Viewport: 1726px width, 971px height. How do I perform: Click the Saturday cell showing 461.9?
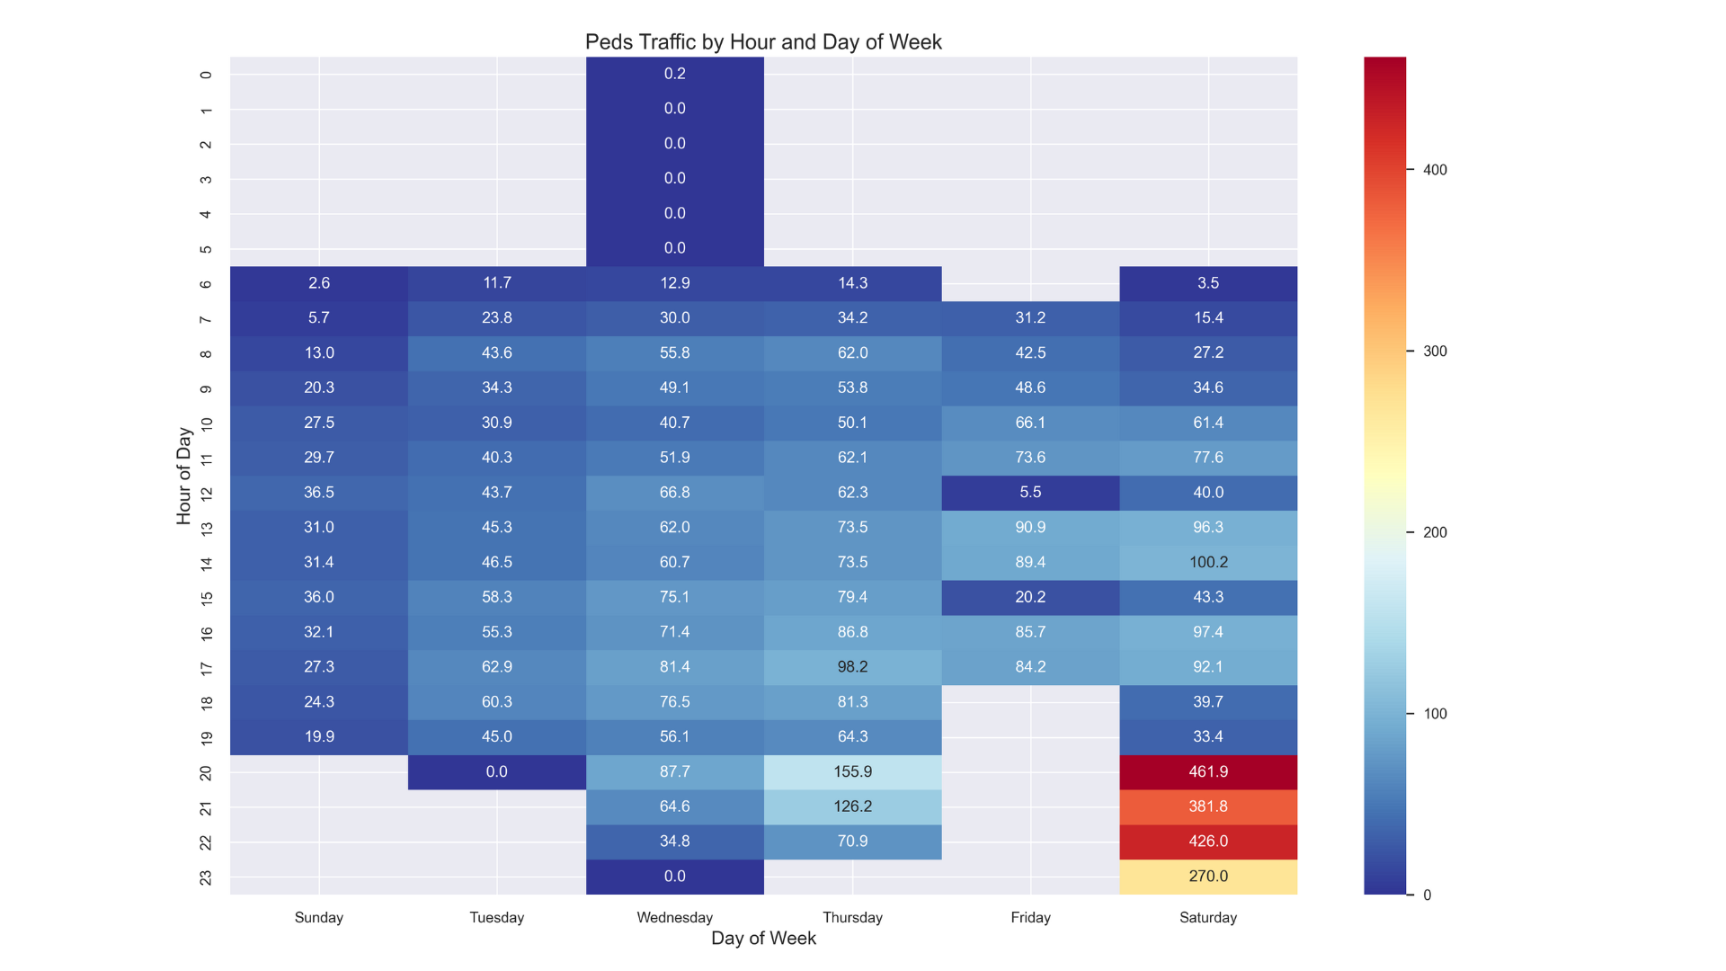point(1207,771)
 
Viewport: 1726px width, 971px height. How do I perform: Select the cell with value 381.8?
point(1207,806)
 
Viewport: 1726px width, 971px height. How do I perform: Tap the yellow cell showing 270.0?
point(1207,877)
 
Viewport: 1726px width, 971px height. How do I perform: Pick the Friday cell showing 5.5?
point(1030,493)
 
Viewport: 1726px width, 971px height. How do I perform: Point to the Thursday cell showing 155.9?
point(852,771)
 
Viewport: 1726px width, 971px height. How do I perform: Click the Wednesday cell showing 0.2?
point(674,74)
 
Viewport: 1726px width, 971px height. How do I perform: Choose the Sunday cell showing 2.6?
point(319,283)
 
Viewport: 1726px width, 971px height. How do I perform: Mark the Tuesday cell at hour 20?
point(496,771)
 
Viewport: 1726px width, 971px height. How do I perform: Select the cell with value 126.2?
point(852,806)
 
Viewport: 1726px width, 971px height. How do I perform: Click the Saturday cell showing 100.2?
point(1207,562)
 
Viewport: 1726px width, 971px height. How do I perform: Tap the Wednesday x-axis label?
point(674,917)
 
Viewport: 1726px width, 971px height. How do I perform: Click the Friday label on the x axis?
point(1030,917)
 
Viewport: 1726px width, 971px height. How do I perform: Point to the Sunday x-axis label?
point(319,917)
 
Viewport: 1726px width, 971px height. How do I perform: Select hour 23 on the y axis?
point(206,877)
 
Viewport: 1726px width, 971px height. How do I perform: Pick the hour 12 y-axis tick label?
point(206,494)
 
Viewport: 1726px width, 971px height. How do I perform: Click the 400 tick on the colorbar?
point(1435,170)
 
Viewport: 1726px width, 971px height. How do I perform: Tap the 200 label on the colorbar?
point(1435,532)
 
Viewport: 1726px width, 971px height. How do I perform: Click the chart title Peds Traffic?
point(763,42)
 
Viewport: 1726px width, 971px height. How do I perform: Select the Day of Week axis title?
point(763,939)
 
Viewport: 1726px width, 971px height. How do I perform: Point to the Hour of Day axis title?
point(184,476)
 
